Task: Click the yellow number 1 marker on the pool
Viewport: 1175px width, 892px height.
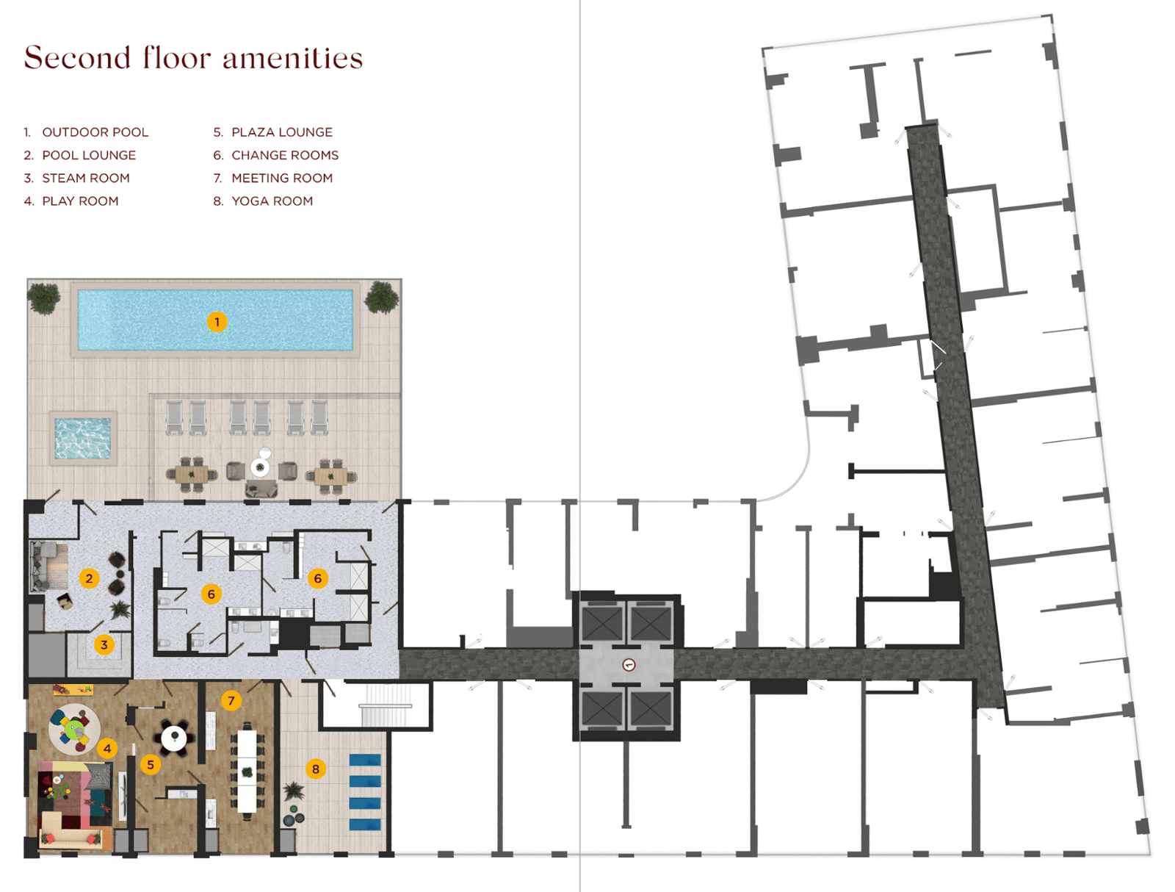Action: [x=217, y=322]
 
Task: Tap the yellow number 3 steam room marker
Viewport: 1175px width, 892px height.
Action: [x=104, y=644]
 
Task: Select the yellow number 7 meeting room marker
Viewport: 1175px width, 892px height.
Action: [x=231, y=700]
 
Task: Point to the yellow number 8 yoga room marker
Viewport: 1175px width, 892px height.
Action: [x=316, y=769]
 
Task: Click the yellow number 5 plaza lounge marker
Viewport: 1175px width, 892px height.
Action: [x=151, y=765]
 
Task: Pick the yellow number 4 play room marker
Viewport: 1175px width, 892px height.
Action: [x=107, y=749]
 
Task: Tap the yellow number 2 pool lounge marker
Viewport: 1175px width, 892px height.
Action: [x=90, y=578]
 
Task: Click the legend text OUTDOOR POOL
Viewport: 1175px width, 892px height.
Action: [x=95, y=132]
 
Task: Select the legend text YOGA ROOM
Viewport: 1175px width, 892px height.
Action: [x=272, y=201]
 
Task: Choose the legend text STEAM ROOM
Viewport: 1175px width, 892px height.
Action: [x=86, y=179]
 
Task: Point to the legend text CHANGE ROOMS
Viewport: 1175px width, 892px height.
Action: [x=285, y=155]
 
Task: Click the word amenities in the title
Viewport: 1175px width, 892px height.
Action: [x=293, y=58]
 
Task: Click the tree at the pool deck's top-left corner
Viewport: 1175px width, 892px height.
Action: [x=43, y=298]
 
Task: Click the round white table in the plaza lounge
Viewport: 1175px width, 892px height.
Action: [x=173, y=737]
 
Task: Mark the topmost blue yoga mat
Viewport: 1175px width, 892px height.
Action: [x=365, y=760]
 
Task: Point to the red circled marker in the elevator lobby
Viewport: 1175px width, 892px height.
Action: [x=629, y=664]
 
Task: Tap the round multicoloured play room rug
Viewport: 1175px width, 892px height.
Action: [x=74, y=729]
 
